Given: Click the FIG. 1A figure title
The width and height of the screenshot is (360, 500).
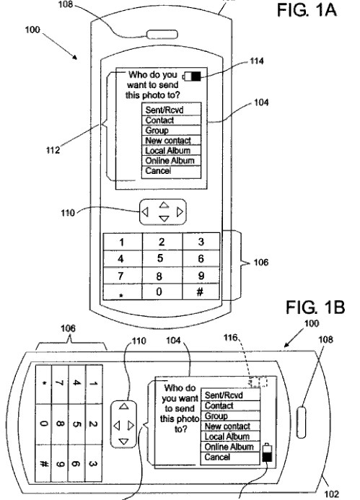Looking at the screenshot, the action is pos(307,9).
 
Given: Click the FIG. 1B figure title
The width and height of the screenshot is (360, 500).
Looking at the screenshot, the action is pos(315,307).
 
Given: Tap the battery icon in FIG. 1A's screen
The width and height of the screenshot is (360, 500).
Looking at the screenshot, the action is pos(192,76).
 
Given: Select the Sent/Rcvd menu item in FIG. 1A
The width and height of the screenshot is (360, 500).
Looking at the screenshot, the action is pos(171,110).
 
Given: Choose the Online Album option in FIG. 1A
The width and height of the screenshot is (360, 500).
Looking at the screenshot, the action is pos(171,160).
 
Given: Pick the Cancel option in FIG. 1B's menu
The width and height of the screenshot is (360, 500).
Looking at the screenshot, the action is pos(230,457).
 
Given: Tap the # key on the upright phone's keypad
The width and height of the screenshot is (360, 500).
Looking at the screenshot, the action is pos(201,291).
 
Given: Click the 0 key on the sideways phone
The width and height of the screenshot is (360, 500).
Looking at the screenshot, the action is pos(44,424).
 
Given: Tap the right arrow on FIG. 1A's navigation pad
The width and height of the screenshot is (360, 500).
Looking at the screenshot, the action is pos(180,211).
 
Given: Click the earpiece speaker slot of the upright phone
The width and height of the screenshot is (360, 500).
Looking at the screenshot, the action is pos(162,34).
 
